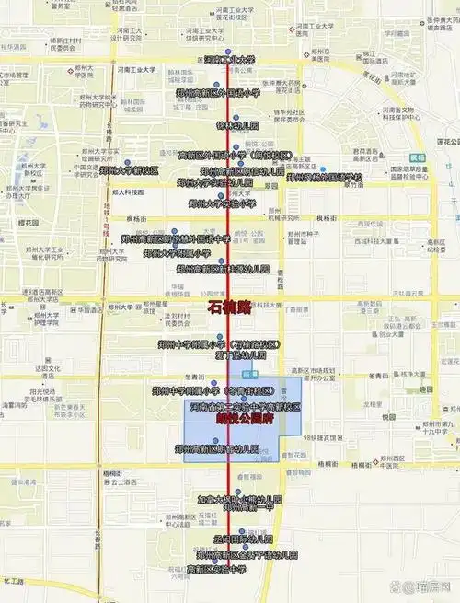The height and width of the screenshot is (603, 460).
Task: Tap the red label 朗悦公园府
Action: coord(245,418)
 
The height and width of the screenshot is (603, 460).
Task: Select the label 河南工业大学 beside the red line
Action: coord(229,61)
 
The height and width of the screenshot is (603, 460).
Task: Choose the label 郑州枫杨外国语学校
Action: coord(326,177)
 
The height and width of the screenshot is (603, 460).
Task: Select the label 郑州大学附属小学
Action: coord(170,252)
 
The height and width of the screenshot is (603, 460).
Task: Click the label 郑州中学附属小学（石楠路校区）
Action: coord(231,343)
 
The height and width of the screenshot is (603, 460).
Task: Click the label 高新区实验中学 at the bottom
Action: coord(216,570)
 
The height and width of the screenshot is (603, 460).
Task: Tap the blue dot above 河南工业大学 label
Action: coord(228,52)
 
